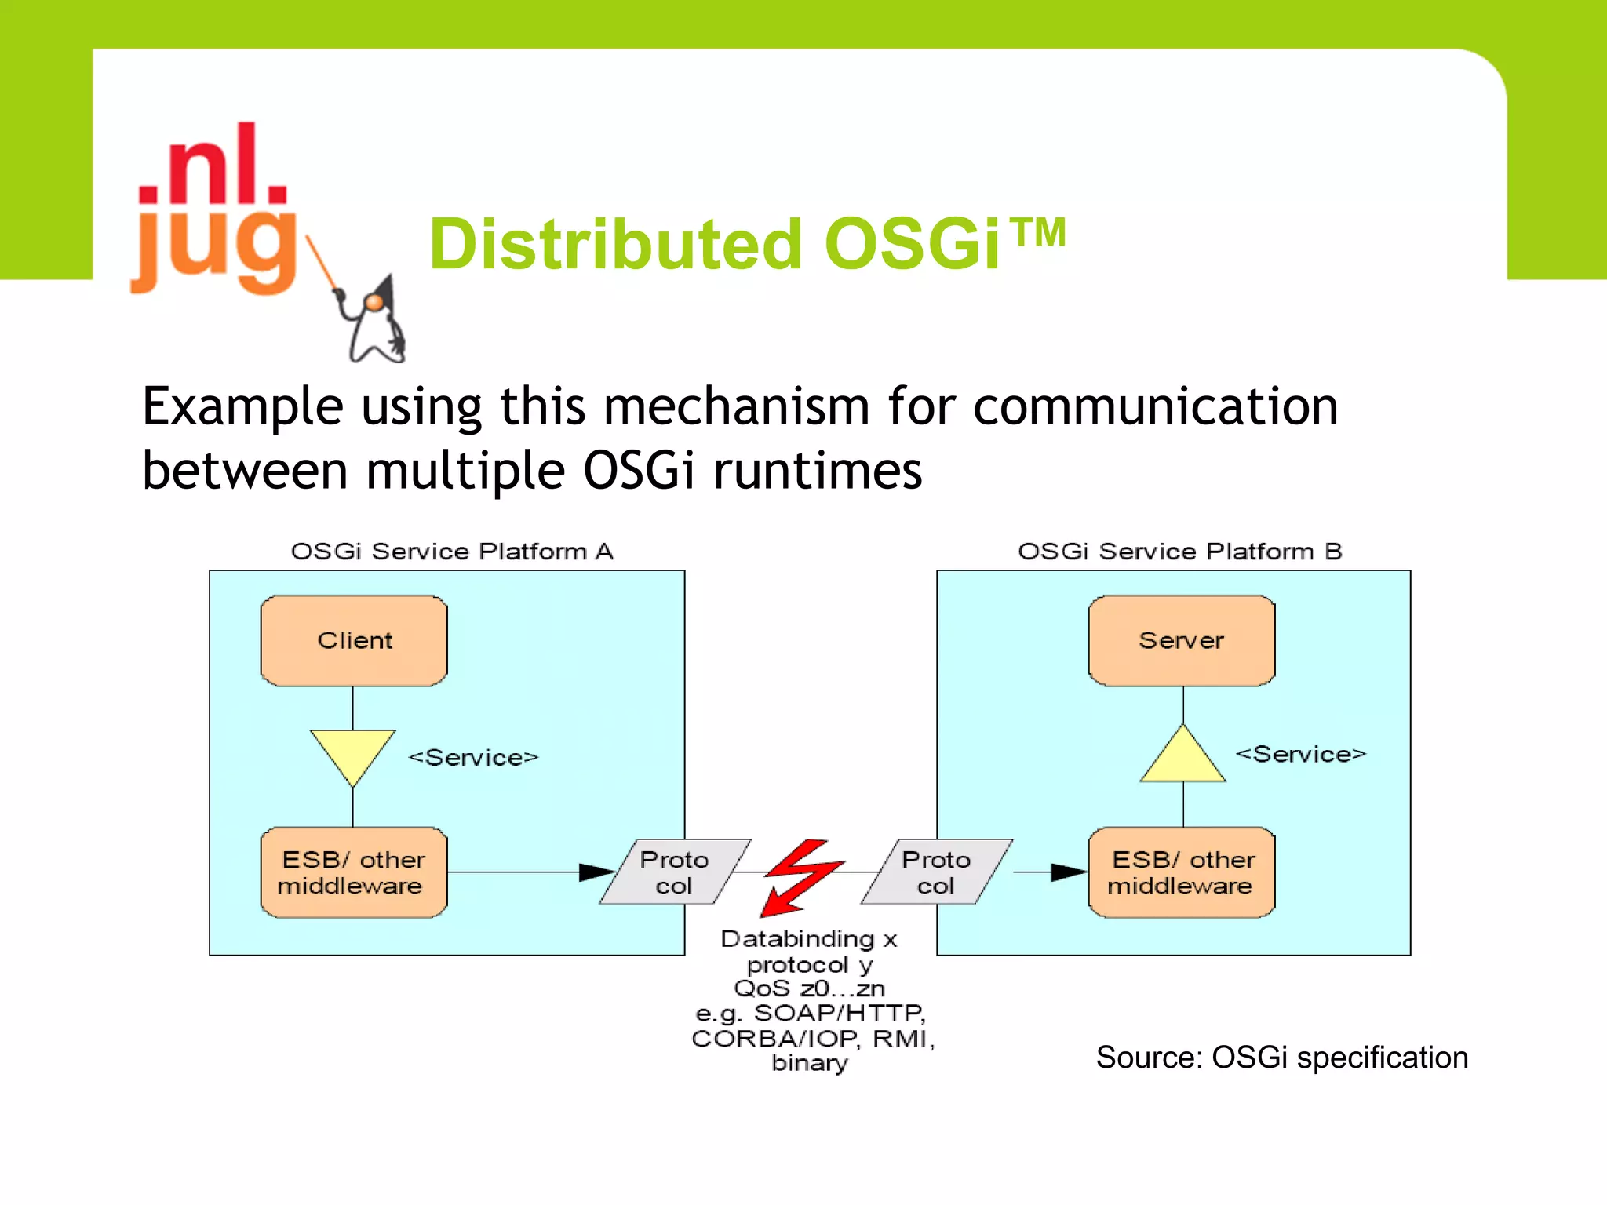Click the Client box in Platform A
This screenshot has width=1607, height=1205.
[354, 640]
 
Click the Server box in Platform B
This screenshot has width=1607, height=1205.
[1182, 640]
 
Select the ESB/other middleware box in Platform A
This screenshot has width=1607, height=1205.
[354, 872]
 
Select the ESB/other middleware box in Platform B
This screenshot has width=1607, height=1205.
[1182, 872]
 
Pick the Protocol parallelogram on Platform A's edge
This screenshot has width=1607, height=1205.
[675, 872]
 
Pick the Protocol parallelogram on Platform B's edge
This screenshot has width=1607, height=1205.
[936, 872]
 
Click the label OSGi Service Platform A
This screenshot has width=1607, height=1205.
[452, 552]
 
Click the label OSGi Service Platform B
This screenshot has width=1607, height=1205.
[1179, 552]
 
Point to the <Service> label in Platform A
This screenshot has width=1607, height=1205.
[473, 758]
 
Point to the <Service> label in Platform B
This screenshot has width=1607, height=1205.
[1301, 755]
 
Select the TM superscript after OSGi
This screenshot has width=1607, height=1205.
[1037, 232]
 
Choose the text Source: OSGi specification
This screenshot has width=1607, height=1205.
[1281, 1058]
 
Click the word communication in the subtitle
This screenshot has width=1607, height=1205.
[1155, 407]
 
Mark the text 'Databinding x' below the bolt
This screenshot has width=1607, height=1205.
[808, 939]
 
